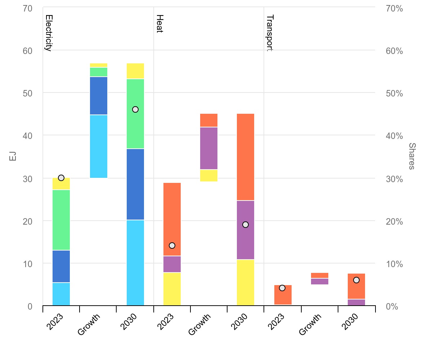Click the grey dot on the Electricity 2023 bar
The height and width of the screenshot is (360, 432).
pos(61,178)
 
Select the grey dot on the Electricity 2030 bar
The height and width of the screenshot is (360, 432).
pos(135,109)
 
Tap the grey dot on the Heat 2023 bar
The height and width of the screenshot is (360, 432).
pos(172,246)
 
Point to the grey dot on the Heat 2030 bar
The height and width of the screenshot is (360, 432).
pos(246,225)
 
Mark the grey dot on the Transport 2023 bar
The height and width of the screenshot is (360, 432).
pos(282,288)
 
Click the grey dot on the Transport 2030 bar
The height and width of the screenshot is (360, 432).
pos(356,280)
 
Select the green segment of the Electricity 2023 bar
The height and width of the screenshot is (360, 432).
pos(61,220)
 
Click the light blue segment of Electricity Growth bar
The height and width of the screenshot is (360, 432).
pos(99,146)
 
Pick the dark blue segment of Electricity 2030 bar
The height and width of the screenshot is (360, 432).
pos(135,184)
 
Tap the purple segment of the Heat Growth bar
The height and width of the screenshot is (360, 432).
pos(209,148)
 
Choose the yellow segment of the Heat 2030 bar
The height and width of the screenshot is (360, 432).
pos(246,282)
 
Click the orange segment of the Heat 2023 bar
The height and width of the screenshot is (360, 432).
pos(172,219)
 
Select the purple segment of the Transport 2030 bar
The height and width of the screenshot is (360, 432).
pos(356,302)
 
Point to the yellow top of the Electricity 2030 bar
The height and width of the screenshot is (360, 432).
pos(135,71)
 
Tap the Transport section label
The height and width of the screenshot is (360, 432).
pos(270,33)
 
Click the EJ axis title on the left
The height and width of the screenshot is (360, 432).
pos(13,156)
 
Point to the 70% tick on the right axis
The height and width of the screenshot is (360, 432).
pos(394,8)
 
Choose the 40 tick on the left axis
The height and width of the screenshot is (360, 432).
pos(28,136)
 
